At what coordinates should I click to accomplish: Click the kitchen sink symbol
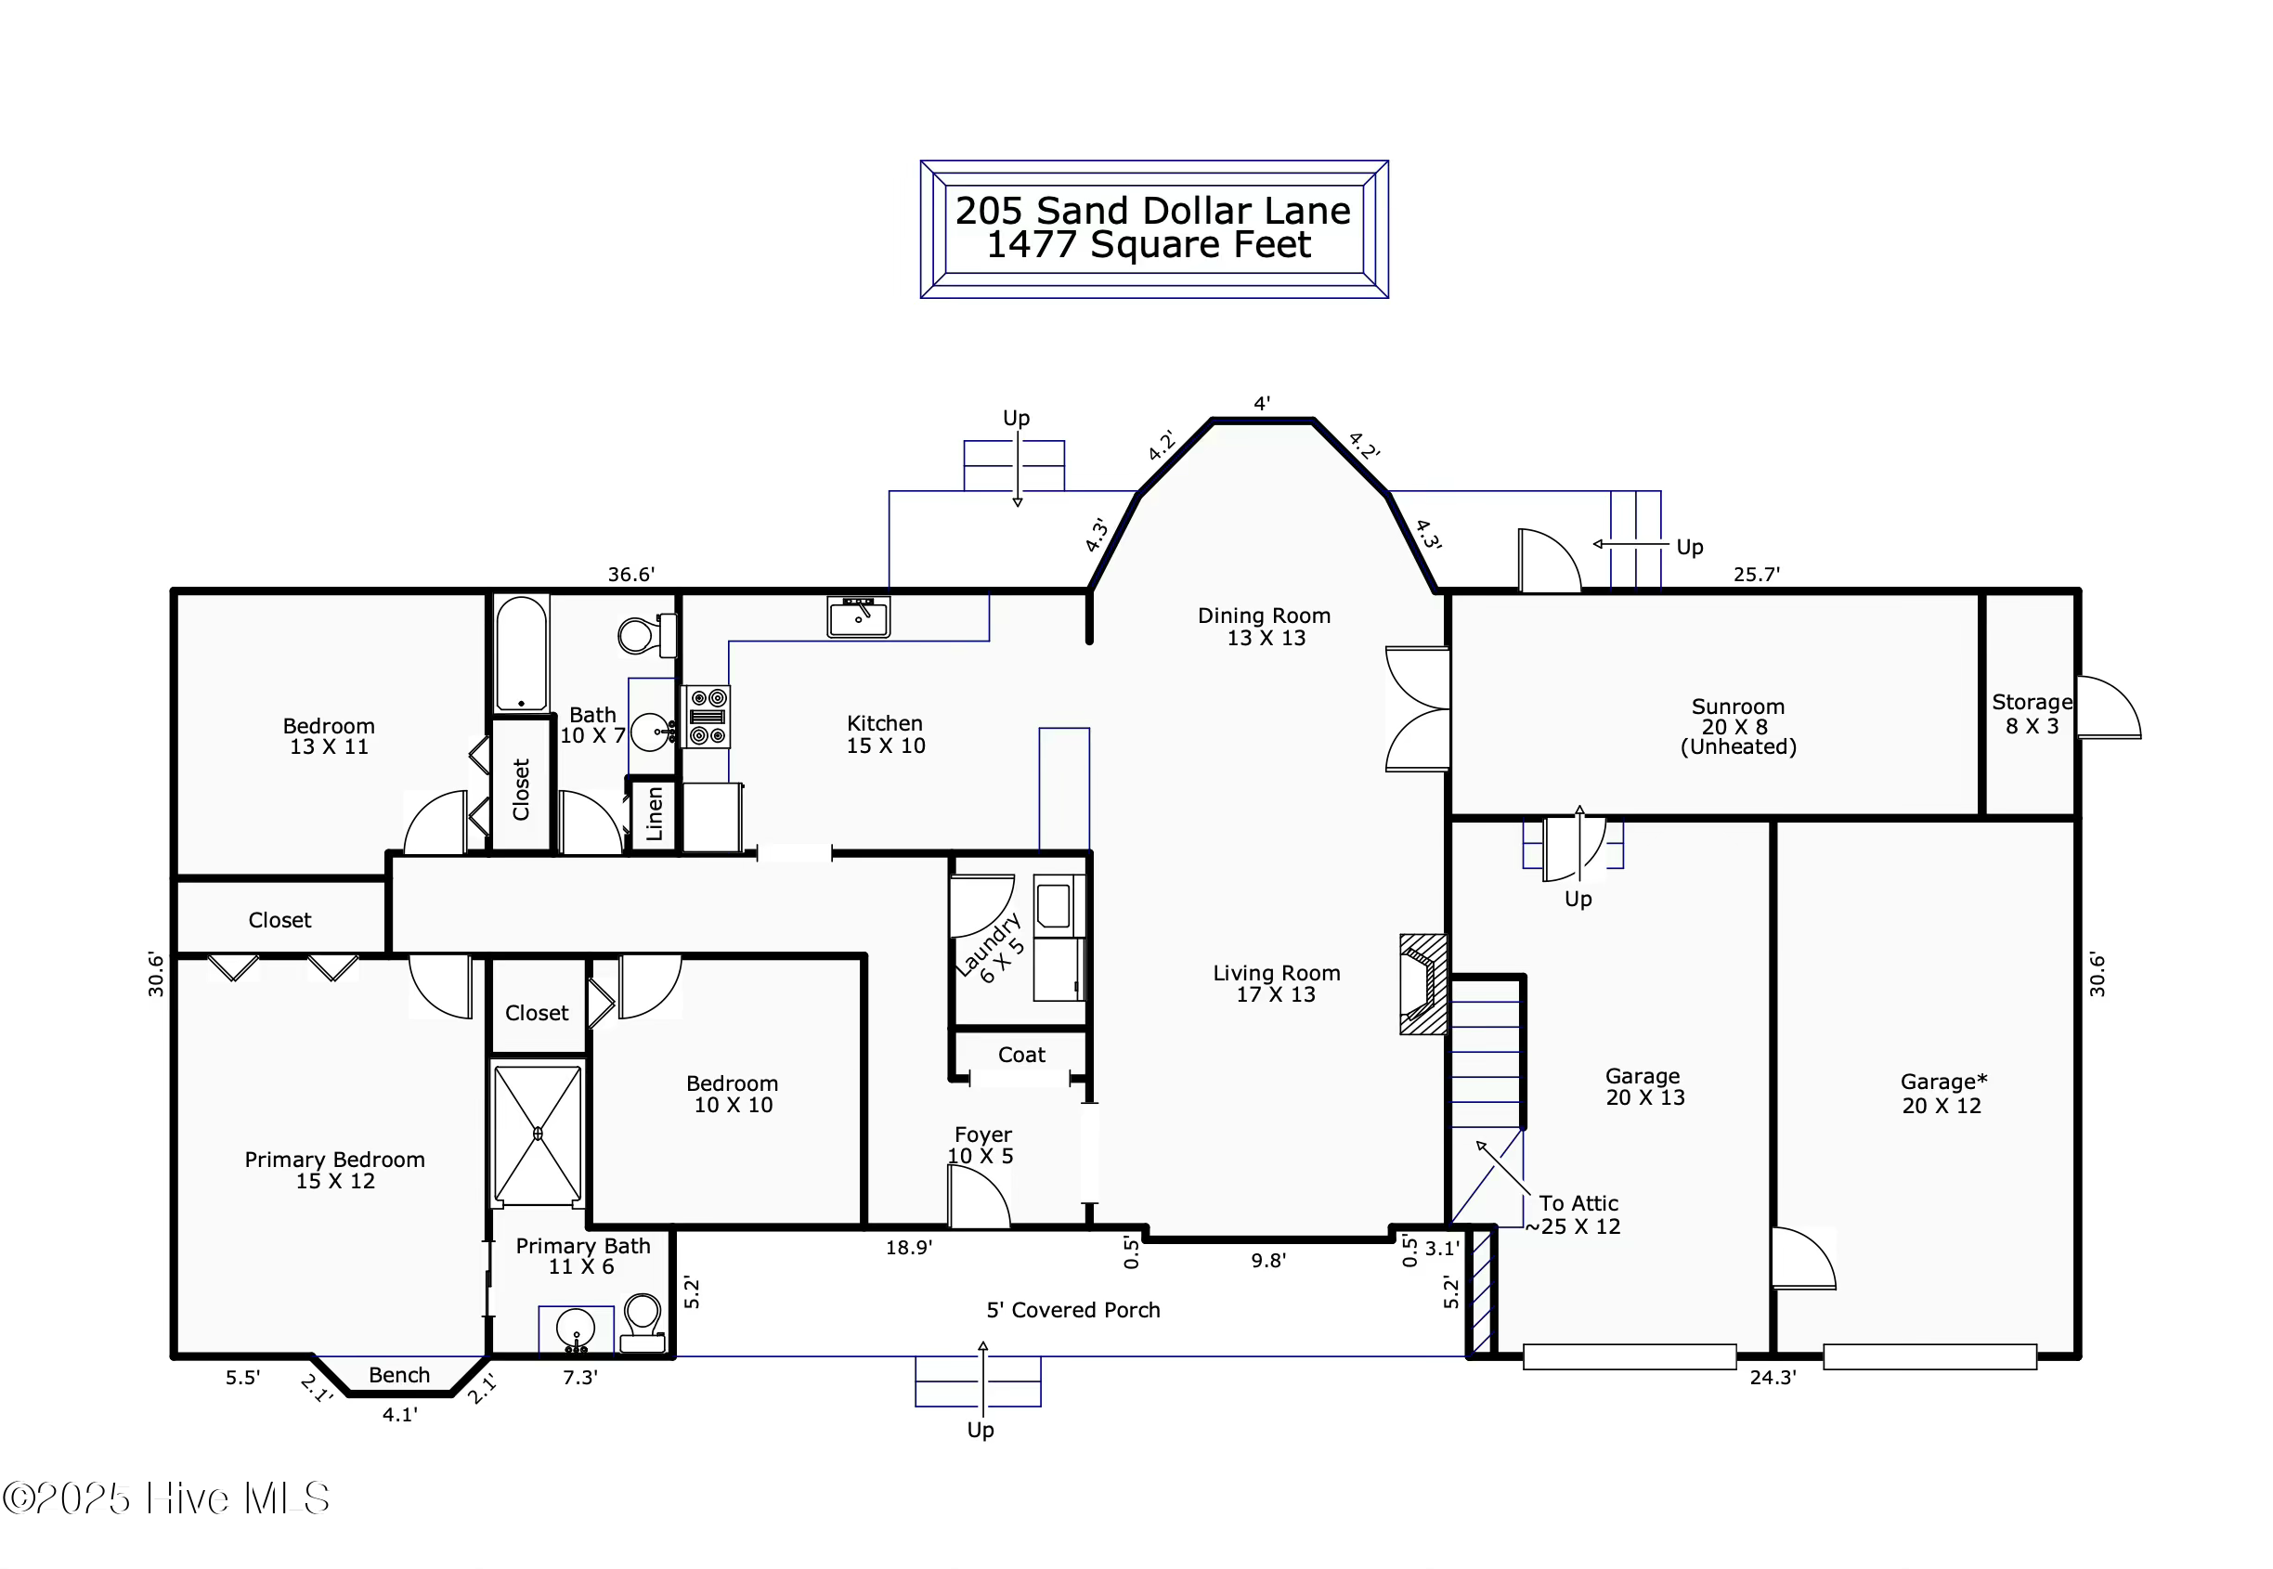pyautogui.click(x=857, y=616)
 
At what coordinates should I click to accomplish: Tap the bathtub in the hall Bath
pyautogui.click(x=521, y=652)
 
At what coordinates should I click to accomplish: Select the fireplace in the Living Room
pyautogui.click(x=1422, y=983)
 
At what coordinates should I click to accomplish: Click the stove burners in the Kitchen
pyautogui.click(x=707, y=717)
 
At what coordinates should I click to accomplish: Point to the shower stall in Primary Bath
pyautogui.click(x=537, y=1134)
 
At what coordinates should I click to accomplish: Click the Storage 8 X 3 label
pyautogui.click(x=2032, y=714)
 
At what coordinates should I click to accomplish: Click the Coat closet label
pyautogui.click(x=1021, y=1055)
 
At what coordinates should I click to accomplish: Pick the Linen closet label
pyautogui.click(x=654, y=814)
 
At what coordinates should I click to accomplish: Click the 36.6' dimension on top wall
pyautogui.click(x=630, y=574)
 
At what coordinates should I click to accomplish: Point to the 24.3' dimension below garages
pyautogui.click(x=1772, y=1378)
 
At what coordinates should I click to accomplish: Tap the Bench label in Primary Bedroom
pyautogui.click(x=399, y=1375)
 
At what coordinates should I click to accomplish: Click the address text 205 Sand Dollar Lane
pyautogui.click(x=1152, y=211)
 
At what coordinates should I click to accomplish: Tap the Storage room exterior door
pyautogui.click(x=2107, y=707)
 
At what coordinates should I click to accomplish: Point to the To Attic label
pyautogui.click(x=1578, y=1203)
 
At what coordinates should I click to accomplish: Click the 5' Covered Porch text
pyautogui.click(x=1072, y=1309)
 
